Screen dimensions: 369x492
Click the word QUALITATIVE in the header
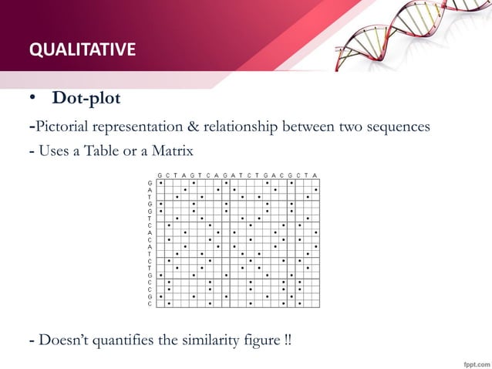[83, 51]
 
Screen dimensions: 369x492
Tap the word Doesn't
[65, 340]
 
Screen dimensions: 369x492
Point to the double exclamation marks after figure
[288, 340]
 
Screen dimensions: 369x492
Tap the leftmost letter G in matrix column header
[160, 175]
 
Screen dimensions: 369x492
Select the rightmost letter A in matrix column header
[315, 175]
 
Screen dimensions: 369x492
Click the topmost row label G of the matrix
[150, 183]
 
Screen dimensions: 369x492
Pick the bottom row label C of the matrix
[150, 304]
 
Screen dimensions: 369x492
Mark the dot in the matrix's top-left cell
[160, 183]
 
